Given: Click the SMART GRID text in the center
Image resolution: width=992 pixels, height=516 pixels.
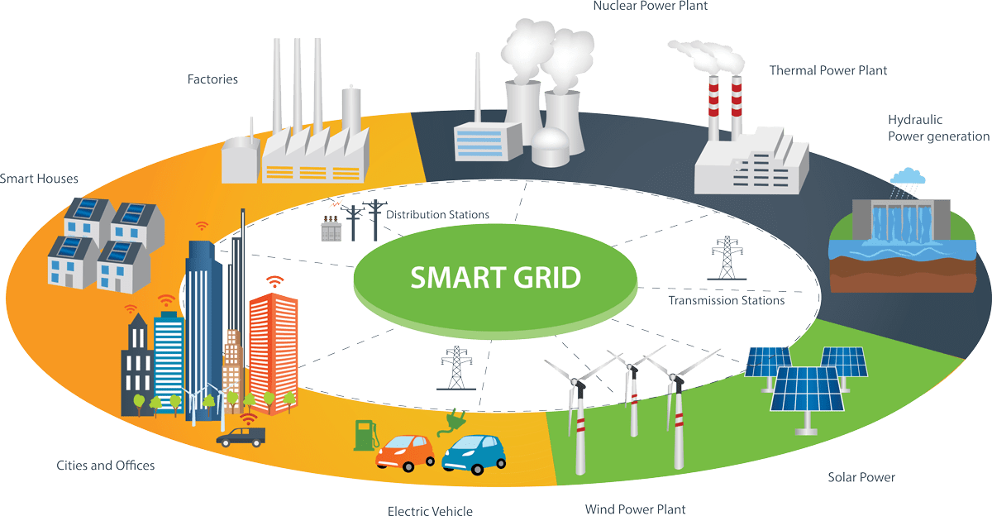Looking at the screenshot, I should pyautogui.click(x=495, y=278).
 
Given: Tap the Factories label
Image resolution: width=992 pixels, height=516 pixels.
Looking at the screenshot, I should pyautogui.click(x=212, y=80).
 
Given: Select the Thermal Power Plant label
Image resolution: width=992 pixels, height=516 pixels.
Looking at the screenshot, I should pyautogui.click(x=827, y=71).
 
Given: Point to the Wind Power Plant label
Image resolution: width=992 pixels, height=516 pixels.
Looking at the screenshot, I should pyautogui.click(x=635, y=509).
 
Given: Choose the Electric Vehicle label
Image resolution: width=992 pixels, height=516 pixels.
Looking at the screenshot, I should pyautogui.click(x=430, y=510).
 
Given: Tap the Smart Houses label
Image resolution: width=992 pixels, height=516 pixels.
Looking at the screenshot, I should pyautogui.click(x=38, y=178).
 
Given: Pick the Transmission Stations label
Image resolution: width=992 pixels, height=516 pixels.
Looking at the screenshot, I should pyautogui.click(x=726, y=300).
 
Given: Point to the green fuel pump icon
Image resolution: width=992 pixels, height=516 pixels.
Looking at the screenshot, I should pyautogui.click(x=364, y=434).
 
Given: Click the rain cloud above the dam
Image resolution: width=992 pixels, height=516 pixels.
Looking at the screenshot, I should pyautogui.click(x=907, y=176).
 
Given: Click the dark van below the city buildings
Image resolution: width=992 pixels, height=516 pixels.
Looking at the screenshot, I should pyautogui.click(x=241, y=436).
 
